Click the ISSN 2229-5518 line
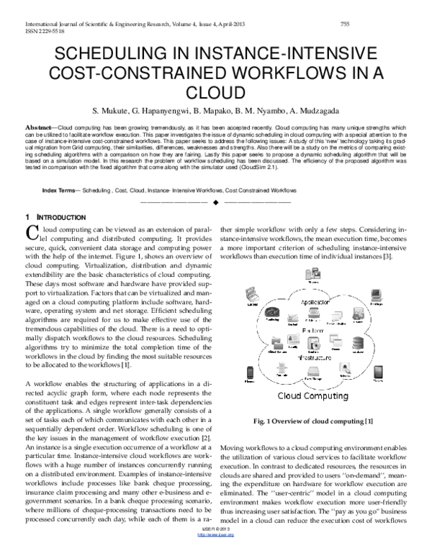[35, 31]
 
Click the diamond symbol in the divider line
[216, 202]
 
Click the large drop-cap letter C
[31, 232]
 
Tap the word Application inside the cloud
[314, 302]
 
